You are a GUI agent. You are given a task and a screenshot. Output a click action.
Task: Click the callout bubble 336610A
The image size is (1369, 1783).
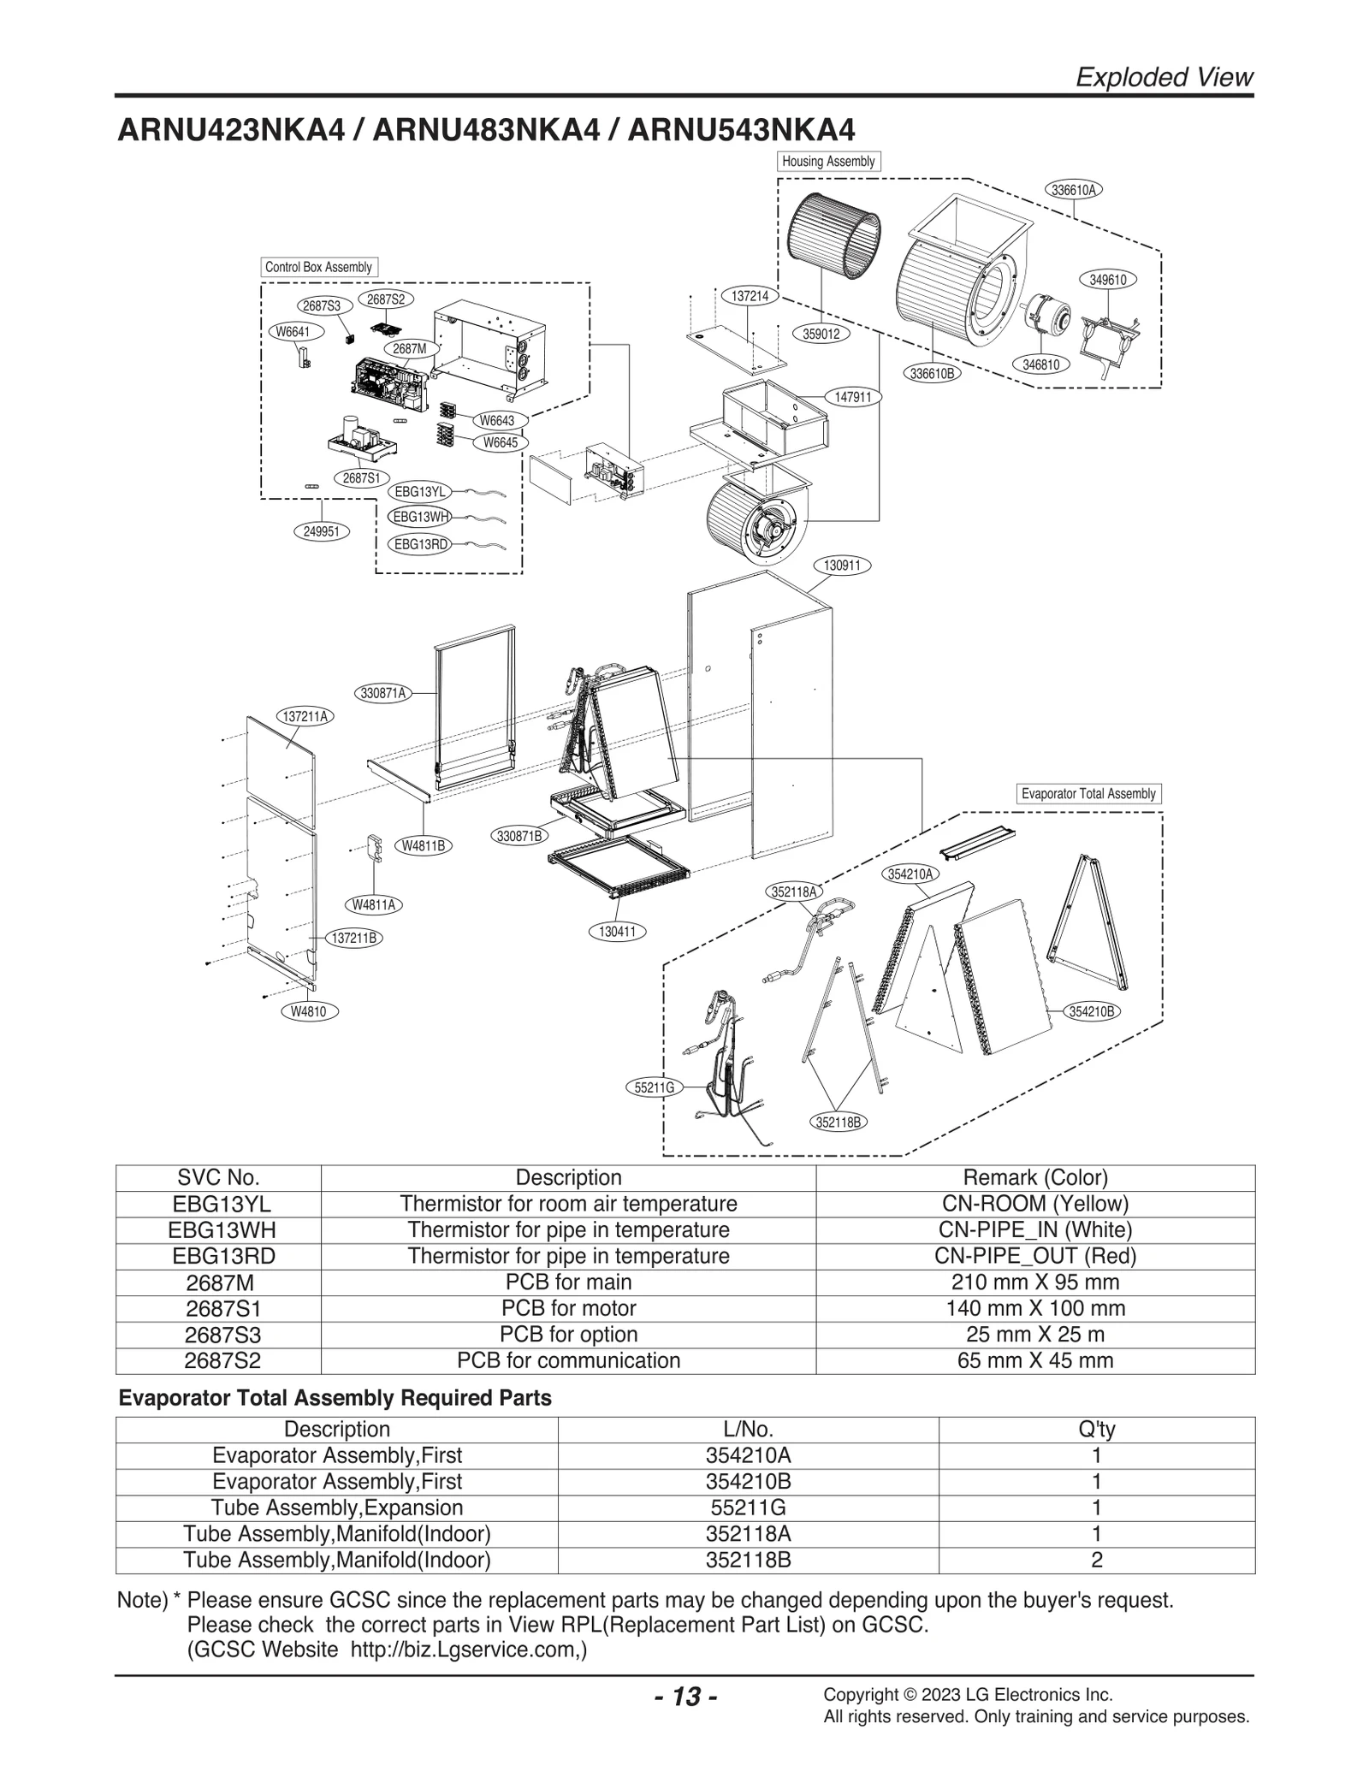(1074, 190)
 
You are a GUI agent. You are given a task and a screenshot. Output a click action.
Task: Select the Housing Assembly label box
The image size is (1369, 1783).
(828, 161)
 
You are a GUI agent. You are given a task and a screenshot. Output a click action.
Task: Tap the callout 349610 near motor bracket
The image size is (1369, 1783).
(1108, 280)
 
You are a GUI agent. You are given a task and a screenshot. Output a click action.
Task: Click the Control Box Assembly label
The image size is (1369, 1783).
(318, 267)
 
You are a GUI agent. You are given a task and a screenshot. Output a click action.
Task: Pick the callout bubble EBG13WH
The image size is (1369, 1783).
(420, 517)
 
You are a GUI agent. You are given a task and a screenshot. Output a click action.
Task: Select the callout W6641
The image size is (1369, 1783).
(293, 331)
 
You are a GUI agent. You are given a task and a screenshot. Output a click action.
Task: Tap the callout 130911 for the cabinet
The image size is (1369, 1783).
(842, 566)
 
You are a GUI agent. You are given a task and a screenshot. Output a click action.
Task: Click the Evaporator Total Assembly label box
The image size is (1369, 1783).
(1088, 793)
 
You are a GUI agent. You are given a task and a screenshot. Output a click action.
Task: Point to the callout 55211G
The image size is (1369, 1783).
(655, 1087)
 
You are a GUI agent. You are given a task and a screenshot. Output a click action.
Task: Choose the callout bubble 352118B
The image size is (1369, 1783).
(838, 1122)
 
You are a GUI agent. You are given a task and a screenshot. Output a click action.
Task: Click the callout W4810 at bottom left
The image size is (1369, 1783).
(309, 1011)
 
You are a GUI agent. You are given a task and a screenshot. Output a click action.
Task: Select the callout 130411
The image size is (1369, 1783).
(617, 932)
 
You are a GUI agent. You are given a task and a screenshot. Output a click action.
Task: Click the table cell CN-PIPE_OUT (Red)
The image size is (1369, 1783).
(1034, 1256)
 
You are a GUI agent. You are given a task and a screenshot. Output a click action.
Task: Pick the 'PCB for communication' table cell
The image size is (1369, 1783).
(568, 1360)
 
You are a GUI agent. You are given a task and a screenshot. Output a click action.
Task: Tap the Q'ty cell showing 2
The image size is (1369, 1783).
(1096, 1560)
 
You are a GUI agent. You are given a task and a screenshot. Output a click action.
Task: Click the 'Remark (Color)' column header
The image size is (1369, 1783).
(1034, 1178)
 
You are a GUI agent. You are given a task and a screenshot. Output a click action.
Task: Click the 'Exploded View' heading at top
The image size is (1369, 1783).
(1163, 77)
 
